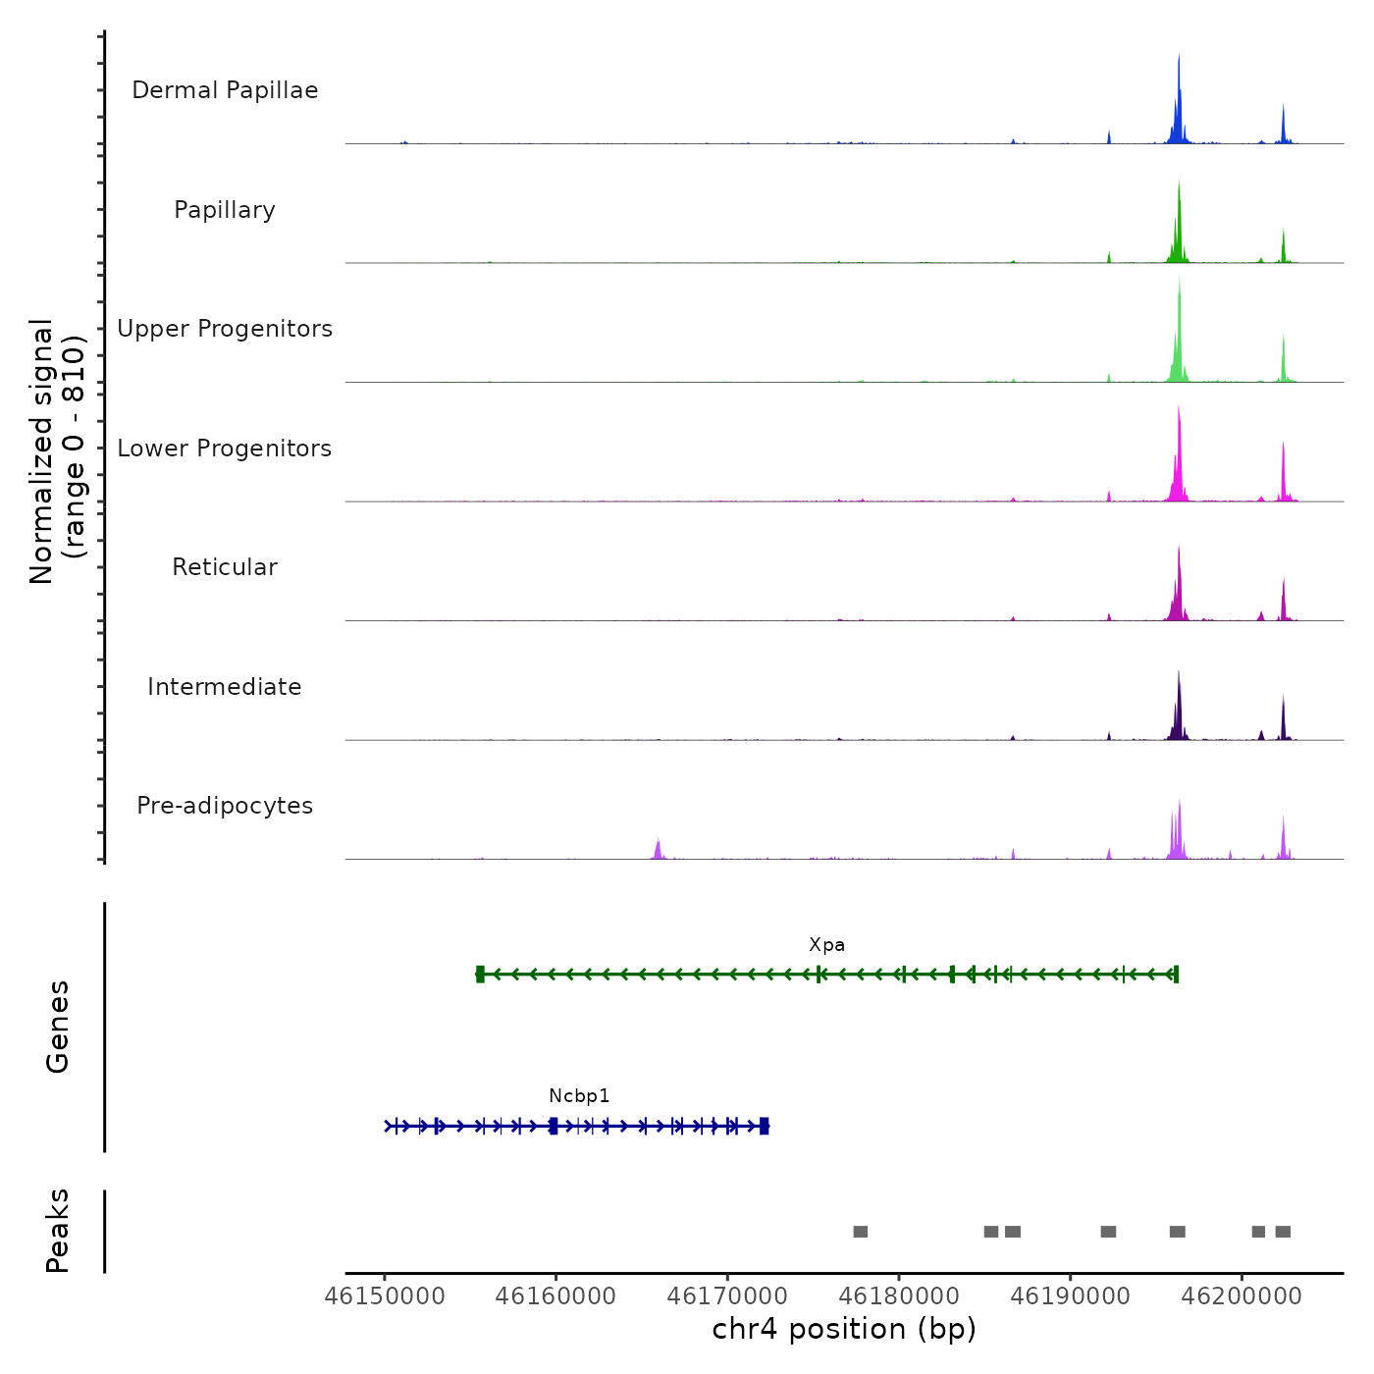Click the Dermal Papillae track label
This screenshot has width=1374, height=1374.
(x=225, y=90)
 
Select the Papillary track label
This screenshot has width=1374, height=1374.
(x=225, y=210)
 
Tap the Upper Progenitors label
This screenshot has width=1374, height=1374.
(x=225, y=329)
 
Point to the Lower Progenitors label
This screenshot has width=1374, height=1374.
(x=225, y=449)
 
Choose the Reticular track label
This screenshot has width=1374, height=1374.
(x=225, y=567)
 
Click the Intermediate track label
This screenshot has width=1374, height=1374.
(x=225, y=687)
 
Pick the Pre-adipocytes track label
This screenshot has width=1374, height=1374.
(x=225, y=806)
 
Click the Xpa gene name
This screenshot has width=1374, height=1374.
(x=826, y=945)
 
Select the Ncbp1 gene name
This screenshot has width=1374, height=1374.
(x=579, y=1096)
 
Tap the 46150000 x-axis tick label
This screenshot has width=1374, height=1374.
(x=385, y=1296)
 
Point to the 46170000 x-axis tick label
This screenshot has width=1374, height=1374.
(x=727, y=1296)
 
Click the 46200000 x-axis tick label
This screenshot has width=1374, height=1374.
(x=1242, y=1296)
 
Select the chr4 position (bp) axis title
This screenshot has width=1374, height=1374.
(x=844, y=1329)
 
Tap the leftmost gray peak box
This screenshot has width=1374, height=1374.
(x=861, y=1232)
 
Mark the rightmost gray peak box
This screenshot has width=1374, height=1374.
(x=1283, y=1232)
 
